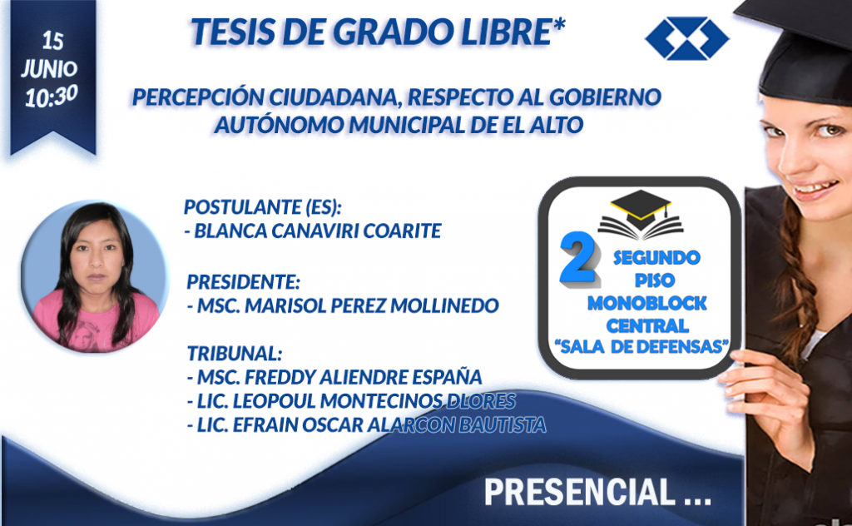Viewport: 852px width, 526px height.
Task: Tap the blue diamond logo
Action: click(x=686, y=38)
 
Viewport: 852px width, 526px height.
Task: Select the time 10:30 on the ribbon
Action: click(x=52, y=97)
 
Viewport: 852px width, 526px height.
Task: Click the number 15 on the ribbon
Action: click(x=52, y=41)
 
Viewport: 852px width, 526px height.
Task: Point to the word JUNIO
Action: click(x=49, y=68)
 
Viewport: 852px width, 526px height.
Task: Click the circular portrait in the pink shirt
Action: click(x=95, y=276)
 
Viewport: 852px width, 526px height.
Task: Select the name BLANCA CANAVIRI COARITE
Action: click(x=317, y=231)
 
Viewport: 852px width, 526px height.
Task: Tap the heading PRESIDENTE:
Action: click(x=244, y=281)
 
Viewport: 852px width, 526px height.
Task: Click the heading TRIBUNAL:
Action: click(x=235, y=353)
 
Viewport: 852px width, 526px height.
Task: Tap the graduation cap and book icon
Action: click(x=640, y=215)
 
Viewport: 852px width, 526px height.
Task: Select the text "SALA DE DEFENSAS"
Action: click(x=641, y=346)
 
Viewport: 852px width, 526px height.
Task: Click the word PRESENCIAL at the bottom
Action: click(x=579, y=492)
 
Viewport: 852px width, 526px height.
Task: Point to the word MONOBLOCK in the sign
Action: click(x=646, y=303)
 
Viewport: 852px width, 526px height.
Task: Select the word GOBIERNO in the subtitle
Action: click(x=605, y=97)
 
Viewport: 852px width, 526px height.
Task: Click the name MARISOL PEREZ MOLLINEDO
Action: click(x=372, y=305)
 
